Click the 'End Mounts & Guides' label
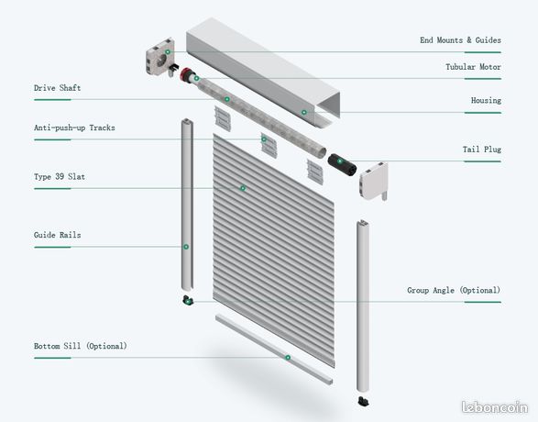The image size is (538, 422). [460, 40]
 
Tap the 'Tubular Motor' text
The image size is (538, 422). [473, 67]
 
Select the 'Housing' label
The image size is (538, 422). [486, 100]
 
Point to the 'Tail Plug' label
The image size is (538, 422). [482, 150]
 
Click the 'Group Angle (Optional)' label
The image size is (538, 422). [454, 290]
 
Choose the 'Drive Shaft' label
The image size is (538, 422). [58, 88]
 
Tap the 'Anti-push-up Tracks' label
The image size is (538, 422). [74, 128]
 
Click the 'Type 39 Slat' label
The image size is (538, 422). [60, 176]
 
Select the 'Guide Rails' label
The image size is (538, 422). [58, 235]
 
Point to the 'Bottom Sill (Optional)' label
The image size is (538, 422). [81, 346]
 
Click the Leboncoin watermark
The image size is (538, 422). [494, 407]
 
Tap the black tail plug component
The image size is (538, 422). [342, 165]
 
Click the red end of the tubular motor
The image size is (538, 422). [185, 74]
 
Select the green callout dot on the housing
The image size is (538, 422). [303, 112]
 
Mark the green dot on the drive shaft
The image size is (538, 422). [226, 99]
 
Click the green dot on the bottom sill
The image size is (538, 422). [288, 358]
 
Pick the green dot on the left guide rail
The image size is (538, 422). [186, 247]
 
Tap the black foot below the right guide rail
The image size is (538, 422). [363, 401]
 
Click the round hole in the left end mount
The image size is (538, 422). [161, 60]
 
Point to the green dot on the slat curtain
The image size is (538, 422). [243, 188]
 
